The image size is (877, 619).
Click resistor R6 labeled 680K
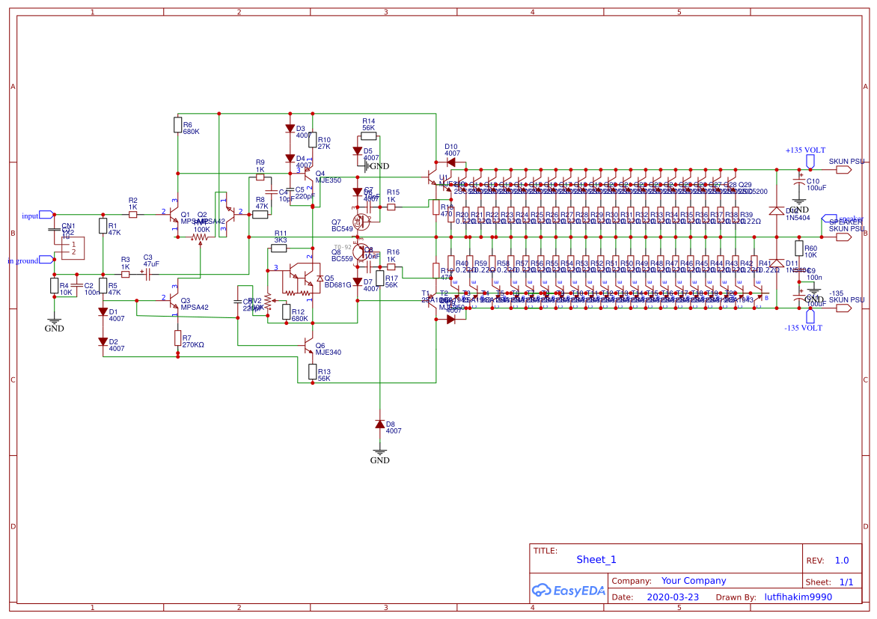pyautogui.click(x=177, y=125)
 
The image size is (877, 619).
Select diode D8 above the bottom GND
pyautogui.click(x=380, y=424)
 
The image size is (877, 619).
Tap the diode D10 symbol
pyautogui.click(x=450, y=162)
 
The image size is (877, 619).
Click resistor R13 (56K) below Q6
pyautogui.click(x=312, y=371)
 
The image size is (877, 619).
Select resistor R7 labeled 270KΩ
pyautogui.click(x=177, y=338)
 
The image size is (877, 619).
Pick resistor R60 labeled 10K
pyautogui.click(x=798, y=248)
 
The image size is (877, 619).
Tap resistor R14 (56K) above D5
pyautogui.click(x=368, y=136)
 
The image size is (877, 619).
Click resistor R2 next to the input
pyautogui.click(x=132, y=215)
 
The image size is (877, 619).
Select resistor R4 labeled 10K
pyautogui.click(x=54, y=285)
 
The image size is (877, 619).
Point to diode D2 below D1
pyautogui.click(x=103, y=341)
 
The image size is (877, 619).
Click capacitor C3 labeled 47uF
pyautogui.click(x=147, y=275)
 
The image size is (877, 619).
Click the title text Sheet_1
pyautogui.click(x=596, y=560)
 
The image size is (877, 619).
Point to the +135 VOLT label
pyautogui.click(x=805, y=150)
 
